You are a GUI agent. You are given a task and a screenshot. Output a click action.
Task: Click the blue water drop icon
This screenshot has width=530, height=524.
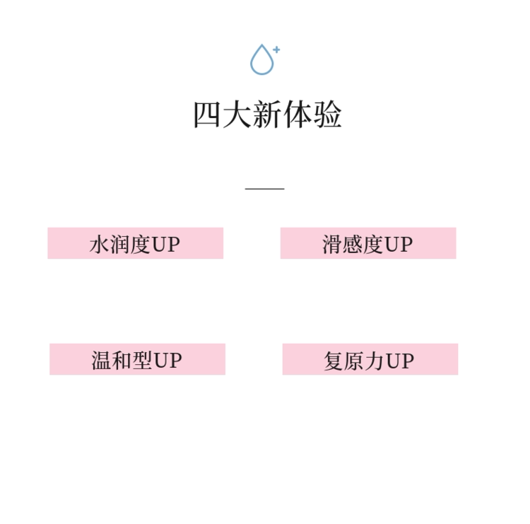click(x=261, y=61)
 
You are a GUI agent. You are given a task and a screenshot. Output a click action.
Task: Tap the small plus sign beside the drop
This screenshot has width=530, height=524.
click(x=276, y=50)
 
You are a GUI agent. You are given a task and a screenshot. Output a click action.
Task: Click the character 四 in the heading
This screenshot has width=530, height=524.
click(x=207, y=115)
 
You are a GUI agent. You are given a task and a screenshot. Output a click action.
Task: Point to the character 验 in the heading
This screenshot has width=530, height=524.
click(x=327, y=115)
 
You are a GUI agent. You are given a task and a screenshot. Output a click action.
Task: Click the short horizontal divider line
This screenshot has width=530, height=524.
click(x=265, y=189)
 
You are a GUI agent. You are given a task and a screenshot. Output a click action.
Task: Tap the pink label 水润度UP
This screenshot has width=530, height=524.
click(x=135, y=243)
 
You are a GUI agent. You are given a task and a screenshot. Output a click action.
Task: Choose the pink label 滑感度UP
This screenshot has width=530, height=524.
click(x=367, y=243)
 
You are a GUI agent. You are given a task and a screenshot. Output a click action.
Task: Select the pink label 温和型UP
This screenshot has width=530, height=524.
click(x=137, y=359)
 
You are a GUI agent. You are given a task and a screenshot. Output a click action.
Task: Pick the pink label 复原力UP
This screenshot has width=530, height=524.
click(x=370, y=359)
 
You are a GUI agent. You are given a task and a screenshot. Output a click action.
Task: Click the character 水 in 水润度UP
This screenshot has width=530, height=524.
click(x=100, y=245)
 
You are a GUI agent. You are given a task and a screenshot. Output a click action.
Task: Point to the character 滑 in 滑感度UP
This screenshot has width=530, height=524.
click(x=332, y=245)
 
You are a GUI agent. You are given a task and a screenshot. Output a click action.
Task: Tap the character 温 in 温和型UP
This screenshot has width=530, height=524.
click(x=102, y=361)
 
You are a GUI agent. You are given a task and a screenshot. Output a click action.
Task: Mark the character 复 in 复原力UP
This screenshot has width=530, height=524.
click(x=334, y=361)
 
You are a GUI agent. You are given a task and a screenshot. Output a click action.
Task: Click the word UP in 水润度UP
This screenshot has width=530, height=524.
click(x=167, y=245)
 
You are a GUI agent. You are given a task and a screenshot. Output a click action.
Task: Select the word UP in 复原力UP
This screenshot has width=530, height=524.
click(x=399, y=361)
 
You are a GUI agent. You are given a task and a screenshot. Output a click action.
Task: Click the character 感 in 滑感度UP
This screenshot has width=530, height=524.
click(x=353, y=245)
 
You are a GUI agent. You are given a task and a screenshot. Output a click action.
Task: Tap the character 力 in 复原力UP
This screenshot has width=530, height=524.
click(x=375, y=361)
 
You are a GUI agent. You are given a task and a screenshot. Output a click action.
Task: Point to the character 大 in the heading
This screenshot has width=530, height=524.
click(x=237, y=115)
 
